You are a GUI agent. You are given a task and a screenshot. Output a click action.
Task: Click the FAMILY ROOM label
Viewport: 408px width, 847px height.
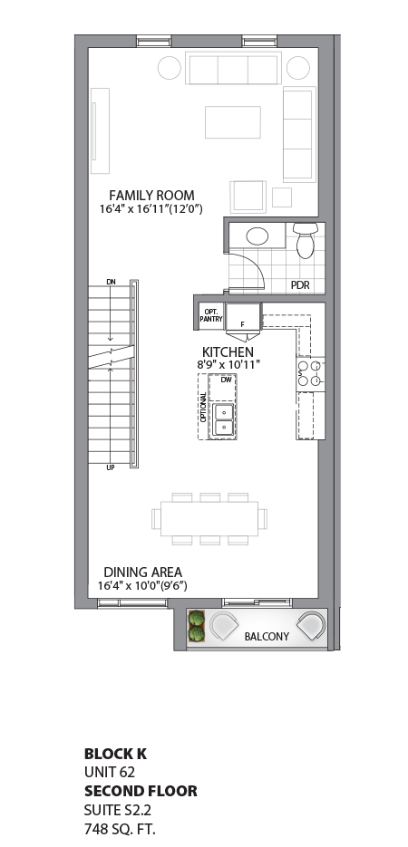tap(151, 195)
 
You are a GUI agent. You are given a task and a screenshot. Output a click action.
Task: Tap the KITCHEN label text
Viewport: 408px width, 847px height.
tap(228, 351)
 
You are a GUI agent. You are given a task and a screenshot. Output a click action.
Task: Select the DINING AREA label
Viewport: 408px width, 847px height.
tap(142, 572)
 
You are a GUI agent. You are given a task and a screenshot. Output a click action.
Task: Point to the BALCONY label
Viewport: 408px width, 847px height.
tap(267, 637)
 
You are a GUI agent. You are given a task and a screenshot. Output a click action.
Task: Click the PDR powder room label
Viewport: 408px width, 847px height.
tap(300, 284)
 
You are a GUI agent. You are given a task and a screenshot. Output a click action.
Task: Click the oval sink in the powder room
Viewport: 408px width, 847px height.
tap(257, 236)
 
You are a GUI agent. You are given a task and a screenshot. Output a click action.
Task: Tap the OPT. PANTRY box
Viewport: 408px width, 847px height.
tap(210, 314)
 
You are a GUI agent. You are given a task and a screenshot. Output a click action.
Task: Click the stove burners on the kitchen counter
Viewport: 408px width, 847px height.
tap(308, 375)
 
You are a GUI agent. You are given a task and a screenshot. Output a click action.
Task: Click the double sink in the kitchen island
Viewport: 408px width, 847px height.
tap(222, 418)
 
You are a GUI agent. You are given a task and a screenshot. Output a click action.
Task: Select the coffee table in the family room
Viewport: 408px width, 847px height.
tap(232, 121)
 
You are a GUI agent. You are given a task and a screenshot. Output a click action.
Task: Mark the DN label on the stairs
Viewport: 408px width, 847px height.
tap(111, 283)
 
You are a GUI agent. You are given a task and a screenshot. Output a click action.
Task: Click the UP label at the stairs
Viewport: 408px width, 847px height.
tap(111, 467)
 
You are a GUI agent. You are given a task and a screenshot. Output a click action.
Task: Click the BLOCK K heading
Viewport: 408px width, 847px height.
tap(115, 753)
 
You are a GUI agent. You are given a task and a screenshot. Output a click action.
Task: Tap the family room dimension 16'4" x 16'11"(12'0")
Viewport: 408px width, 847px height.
tap(151, 209)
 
